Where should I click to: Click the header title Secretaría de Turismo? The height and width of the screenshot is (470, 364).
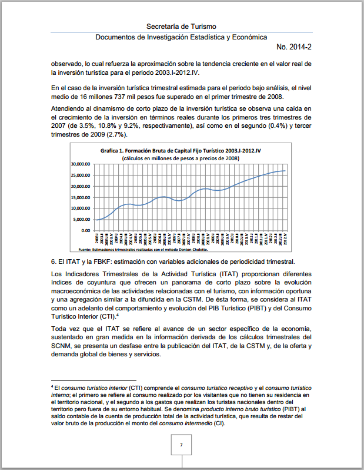tap(181, 27)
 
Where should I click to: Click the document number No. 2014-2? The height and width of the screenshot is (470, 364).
tap(297, 47)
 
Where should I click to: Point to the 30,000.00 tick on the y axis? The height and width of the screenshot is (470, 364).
tap(83, 164)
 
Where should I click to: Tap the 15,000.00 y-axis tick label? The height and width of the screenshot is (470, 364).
tap(83, 197)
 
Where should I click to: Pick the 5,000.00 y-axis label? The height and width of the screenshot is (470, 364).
tap(84, 219)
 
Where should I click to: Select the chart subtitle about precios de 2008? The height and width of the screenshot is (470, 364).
tap(181, 158)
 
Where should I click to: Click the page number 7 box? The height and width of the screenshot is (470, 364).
tap(181, 445)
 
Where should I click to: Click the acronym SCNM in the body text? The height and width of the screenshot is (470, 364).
tap(62, 345)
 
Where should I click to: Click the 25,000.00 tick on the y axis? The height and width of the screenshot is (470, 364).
tap(83, 175)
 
